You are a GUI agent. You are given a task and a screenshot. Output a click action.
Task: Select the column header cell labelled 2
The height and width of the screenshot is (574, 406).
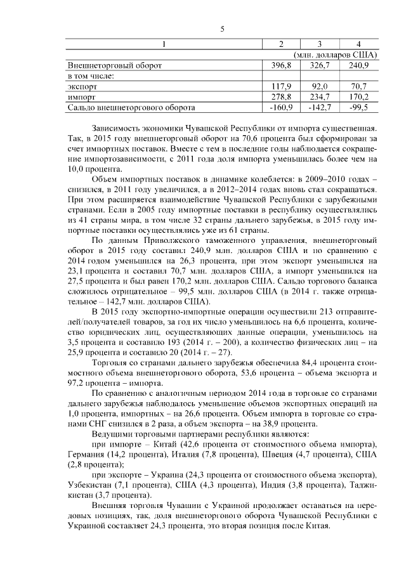tap(282, 44)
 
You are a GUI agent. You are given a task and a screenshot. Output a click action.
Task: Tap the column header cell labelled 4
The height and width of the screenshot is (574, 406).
tap(359, 44)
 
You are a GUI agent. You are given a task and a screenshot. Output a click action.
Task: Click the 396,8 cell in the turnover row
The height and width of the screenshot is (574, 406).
tap(280, 65)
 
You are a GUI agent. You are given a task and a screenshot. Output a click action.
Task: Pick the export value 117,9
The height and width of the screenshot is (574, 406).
tap(280, 86)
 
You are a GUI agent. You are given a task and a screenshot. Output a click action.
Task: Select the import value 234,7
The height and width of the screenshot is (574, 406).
tap(320, 97)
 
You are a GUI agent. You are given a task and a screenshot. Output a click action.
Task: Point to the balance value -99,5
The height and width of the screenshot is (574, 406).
tap(358, 108)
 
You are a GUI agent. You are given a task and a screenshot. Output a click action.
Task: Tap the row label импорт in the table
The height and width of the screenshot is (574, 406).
tap(81, 97)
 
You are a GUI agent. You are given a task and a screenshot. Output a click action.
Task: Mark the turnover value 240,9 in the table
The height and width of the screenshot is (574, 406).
tap(358, 65)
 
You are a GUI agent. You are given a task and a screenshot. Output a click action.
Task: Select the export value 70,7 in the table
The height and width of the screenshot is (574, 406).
tap(359, 86)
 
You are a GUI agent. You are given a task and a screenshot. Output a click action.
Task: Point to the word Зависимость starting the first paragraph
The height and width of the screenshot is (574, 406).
tap(119, 126)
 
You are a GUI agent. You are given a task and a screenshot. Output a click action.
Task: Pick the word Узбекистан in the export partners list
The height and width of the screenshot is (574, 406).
tap(89, 485)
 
